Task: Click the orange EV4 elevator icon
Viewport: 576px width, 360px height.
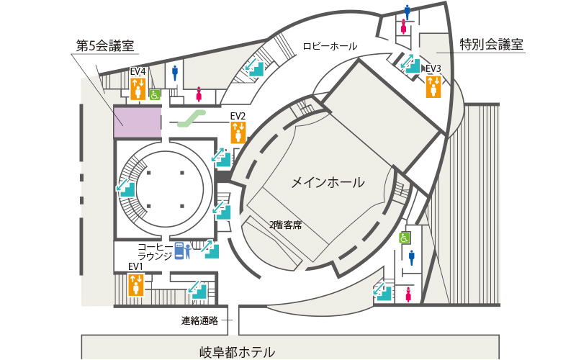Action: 138,89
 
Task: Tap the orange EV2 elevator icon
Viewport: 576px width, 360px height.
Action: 238,132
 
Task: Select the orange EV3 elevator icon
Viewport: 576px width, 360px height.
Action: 433,86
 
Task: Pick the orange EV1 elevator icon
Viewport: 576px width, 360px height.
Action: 136,284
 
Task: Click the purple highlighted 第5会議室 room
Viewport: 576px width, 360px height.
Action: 137,122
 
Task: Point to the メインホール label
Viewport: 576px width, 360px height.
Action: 328,182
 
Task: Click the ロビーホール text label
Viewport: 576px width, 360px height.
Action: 330,46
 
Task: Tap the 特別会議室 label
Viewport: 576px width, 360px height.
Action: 491,45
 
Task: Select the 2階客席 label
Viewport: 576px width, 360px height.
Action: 285,225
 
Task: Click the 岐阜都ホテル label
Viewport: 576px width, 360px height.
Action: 237,352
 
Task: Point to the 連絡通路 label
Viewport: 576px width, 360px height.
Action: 199,320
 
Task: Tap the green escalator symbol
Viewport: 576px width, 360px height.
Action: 191,118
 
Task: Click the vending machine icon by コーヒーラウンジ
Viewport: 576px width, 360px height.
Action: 179,251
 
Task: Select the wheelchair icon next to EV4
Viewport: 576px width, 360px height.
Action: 155,95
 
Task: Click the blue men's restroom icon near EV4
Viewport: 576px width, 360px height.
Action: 175,73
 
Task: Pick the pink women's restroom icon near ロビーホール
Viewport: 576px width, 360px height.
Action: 404,27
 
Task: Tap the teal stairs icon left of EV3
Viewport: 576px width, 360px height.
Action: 410,63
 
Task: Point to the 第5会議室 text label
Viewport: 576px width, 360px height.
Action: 105,46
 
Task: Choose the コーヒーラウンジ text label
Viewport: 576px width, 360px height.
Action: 155,251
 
